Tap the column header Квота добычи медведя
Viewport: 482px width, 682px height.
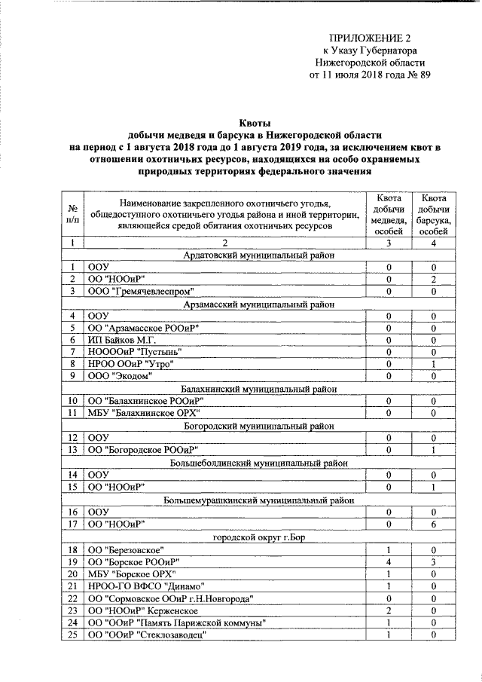pyautogui.click(x=389, y=214)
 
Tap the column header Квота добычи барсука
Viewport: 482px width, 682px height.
pyautogui.click(x=435, y=214)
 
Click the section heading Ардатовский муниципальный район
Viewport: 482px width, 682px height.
pyautogui.click(x=258, y=255)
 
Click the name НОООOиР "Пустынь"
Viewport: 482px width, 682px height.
pyautogui.click(x=135, y=352)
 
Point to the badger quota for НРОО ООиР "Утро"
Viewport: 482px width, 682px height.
pyautogui.click(x=435, y=364)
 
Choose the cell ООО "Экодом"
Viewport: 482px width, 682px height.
pyautogui.click(x=120, y=376)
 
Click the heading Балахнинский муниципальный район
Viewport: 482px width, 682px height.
pyautogui.click(x=258, y=389)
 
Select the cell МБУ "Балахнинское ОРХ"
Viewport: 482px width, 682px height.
pyautogui.click(x=146, y=413)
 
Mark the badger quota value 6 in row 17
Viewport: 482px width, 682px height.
pyautogui.click(x=435, y=523)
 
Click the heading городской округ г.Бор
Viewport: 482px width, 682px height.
pyautogui.click(x=258, y=536)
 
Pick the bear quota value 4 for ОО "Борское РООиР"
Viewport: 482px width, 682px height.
pyautogui.click(x=389, y=561)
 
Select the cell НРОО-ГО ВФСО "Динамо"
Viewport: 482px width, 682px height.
pyautogui.click(x=146, y=586)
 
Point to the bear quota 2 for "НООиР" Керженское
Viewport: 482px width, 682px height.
pyautogui.click(x=389, y=610)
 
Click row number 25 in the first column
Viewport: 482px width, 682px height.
pyautogui.click(x=72, y=634)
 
